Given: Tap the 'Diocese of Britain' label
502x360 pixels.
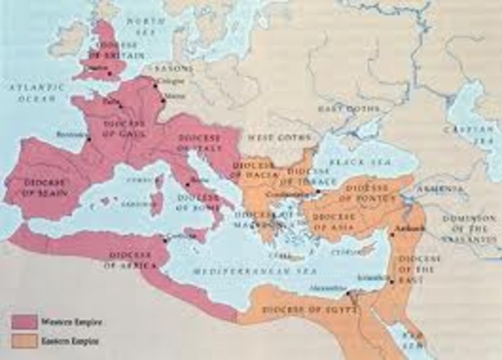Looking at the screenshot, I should [x=111, y=49].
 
